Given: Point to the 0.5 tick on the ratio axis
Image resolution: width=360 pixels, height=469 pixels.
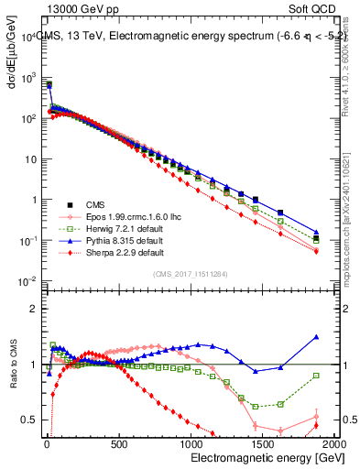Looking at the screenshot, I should click(x=29, y=420).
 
